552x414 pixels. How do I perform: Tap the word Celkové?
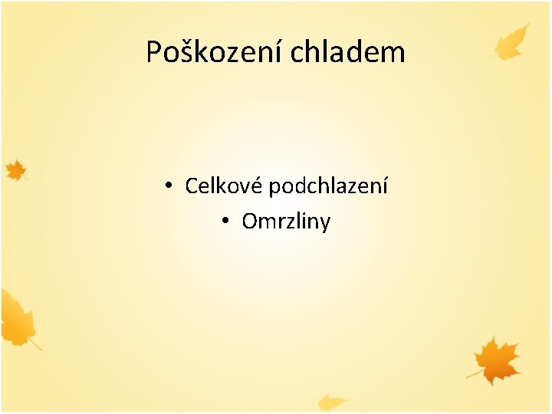tap(225, 186)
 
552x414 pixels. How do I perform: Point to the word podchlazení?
tap(328, 186)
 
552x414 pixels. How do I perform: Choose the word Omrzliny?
tap(286, 222)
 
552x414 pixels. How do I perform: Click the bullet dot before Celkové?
tap(168, 186)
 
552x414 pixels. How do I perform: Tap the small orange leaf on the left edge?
tap(15, 170)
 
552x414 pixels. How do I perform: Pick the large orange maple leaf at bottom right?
tap(498, 360)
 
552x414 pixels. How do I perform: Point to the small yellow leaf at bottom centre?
tap(332, 402)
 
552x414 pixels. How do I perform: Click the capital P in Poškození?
tap(155, 52)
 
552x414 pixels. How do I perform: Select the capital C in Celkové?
tap(192, 186)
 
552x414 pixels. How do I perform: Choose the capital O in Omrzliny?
tap(250, 222)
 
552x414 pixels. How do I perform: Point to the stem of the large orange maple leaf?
tap(472, 375)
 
